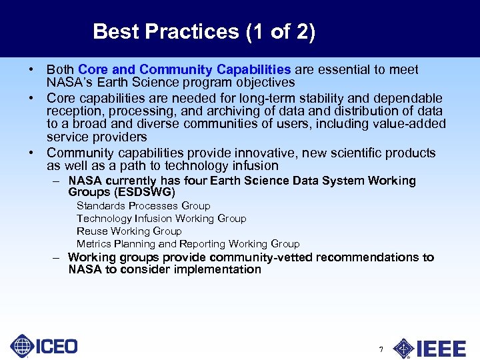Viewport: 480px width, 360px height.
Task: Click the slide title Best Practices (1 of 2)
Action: click(204, 31)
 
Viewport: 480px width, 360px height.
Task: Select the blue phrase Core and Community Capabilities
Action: click(184, 70)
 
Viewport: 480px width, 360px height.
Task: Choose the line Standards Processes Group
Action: click(143, 206)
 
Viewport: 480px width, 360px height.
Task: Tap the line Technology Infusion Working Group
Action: click(161, 219)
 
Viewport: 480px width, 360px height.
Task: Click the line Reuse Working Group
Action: click(129, 231)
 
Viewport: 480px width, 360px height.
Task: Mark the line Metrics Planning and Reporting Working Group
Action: click(188, 244)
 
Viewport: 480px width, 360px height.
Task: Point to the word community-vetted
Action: click(261, 257)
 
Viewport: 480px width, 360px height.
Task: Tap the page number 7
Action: click(381, 349)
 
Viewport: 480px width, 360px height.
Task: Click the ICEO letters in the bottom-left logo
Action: click(56, 347)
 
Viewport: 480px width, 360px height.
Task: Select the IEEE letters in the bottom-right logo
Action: click(441, 349)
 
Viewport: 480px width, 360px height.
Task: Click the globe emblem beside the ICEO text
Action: click(22, 347)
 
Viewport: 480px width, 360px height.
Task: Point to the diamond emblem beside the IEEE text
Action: click(403, 349)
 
